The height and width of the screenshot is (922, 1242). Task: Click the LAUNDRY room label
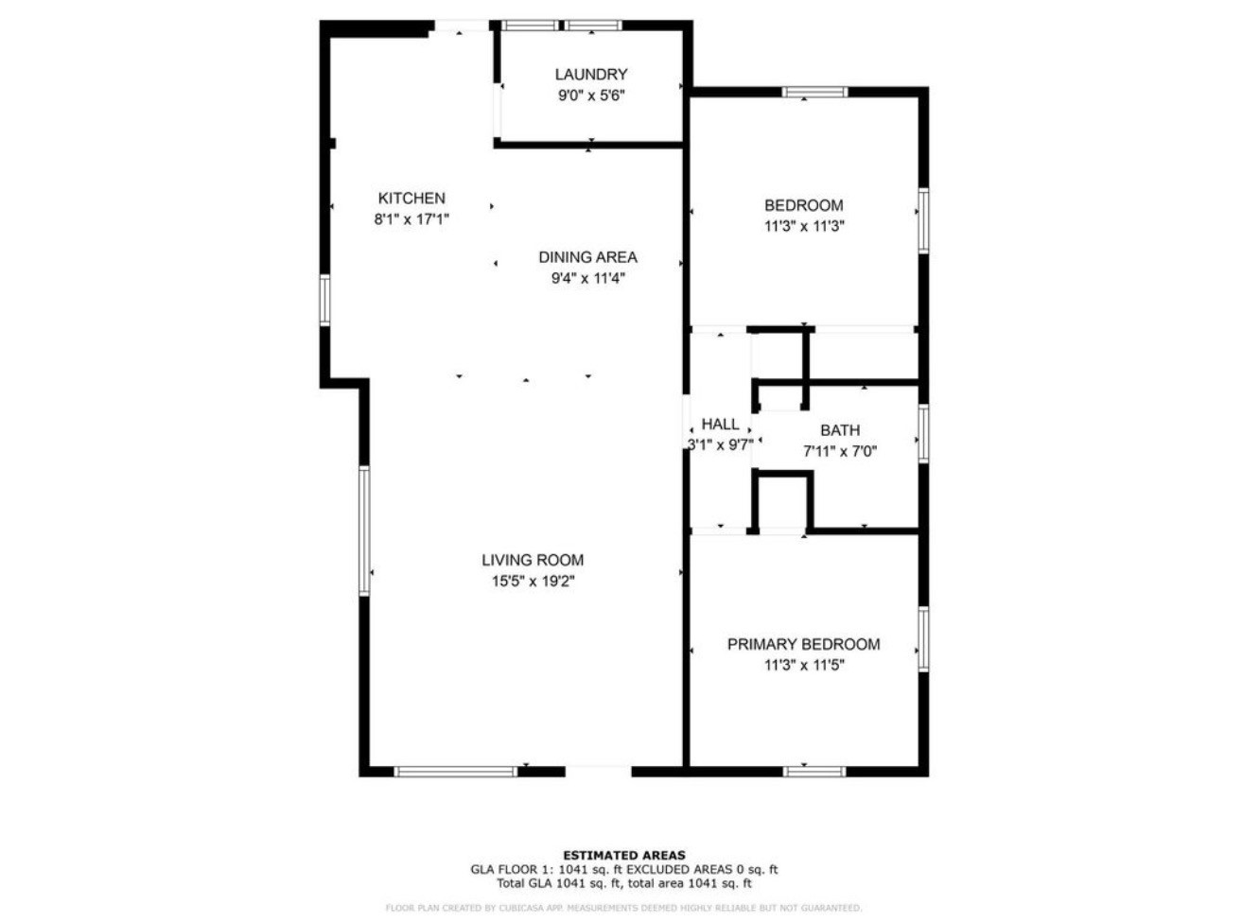[590, 74]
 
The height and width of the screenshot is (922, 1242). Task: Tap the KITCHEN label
[411, 199]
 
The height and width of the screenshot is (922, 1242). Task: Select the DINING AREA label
[587, 257]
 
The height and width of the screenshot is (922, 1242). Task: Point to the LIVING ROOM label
[533, 560]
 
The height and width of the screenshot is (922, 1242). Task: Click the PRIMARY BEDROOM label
[803, 644]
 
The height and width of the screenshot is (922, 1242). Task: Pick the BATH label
[840, 430]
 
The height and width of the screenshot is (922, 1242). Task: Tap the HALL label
[720, 425]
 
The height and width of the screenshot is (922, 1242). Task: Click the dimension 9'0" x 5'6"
[590, 96]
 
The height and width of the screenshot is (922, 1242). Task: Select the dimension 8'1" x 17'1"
[411, 219]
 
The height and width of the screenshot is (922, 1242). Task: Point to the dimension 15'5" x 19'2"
[533, 582]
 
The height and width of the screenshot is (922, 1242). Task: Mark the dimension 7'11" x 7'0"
[840, 451]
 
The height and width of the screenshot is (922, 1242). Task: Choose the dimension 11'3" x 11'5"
[803, 665]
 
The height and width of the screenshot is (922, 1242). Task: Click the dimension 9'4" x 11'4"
[587, 278]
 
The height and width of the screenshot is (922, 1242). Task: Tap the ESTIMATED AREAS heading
[624, 855]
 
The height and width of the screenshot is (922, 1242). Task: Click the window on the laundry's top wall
[561, 26]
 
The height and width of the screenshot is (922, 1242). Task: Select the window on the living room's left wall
[364, 530]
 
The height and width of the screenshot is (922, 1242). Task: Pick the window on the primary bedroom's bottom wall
[814, 772]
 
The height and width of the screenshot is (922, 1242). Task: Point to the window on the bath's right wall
[923, 434]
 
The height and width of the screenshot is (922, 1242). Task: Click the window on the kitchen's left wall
[324, 300]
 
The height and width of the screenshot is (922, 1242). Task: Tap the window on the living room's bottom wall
[456, 772]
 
